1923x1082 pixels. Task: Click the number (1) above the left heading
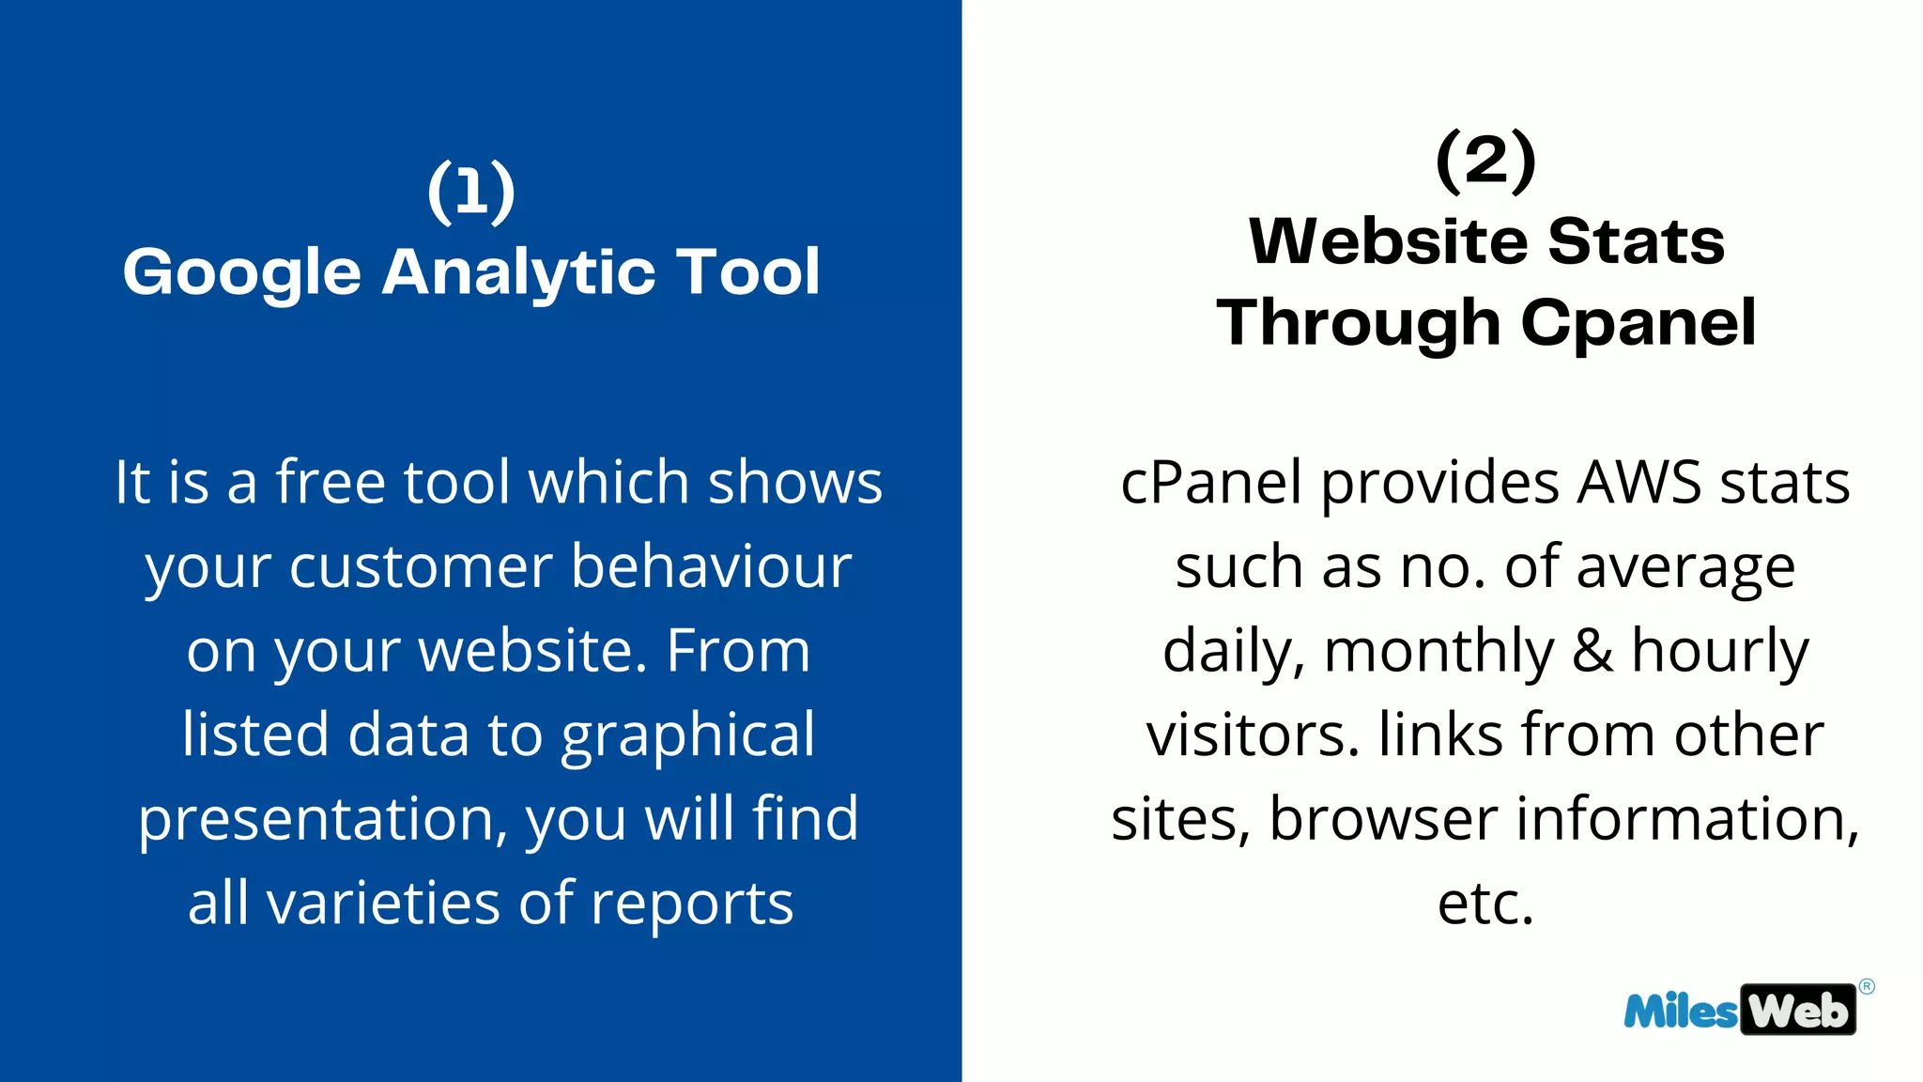471,192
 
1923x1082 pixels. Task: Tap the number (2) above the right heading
1485,161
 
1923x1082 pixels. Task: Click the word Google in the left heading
242,273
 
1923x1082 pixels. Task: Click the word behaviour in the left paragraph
711,567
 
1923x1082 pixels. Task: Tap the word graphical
687,735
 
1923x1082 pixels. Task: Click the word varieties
383,903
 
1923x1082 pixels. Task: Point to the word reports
692,904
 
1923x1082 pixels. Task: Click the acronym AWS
1638,483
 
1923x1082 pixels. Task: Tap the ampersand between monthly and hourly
1592,651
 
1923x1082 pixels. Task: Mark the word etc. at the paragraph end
1485,904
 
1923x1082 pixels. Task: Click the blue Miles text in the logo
1681,1012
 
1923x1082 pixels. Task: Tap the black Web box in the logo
1798,1011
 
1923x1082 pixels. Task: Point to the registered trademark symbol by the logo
1867,986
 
